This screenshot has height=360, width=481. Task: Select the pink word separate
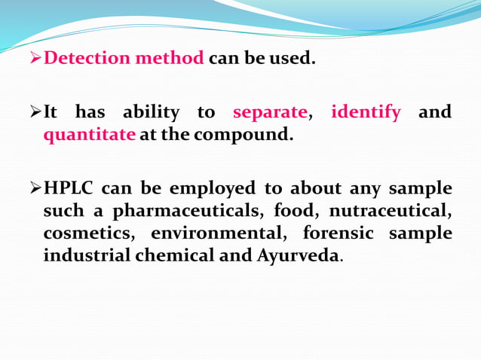tap(270, 113)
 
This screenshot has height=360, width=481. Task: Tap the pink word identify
tap(366, 113)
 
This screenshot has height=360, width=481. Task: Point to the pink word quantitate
tap(90, 136)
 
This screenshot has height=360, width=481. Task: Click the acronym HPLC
tap(68, 188)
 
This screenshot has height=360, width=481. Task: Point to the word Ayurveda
tap(299, 256)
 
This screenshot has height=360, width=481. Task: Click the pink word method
tap(170, 58)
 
